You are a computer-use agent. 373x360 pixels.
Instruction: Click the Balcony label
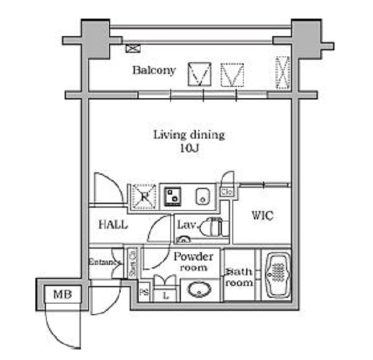(x=154, y=70)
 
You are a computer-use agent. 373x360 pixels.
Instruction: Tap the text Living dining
(x=189, y=134)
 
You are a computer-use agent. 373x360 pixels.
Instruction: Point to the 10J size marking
(x=189, y=149)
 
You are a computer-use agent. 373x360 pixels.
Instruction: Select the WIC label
(x=262, y=216)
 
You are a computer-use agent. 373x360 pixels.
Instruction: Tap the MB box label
(x=60, y=293)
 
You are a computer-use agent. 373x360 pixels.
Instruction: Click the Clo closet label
(x=227, y=192)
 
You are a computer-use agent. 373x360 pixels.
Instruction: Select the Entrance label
(x=104, y=262)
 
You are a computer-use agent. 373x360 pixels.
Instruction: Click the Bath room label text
(x=238, y=277)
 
